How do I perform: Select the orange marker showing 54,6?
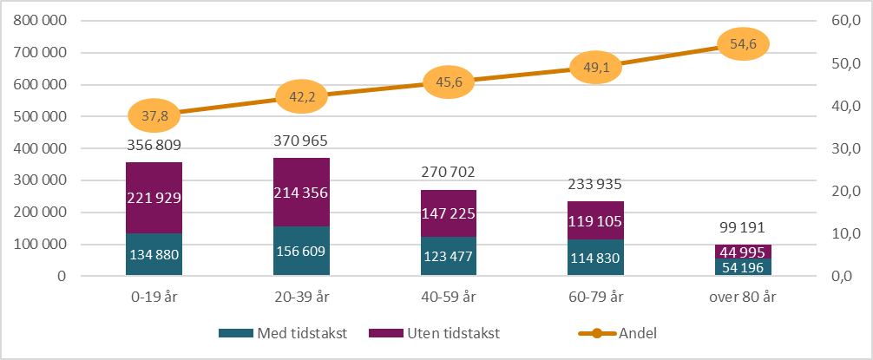coord(744,44)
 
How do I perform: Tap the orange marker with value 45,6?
coord(449,82)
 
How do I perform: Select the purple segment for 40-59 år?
coord(449,213)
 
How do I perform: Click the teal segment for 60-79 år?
coord(596,258)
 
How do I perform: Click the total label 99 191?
coord(744,229)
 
